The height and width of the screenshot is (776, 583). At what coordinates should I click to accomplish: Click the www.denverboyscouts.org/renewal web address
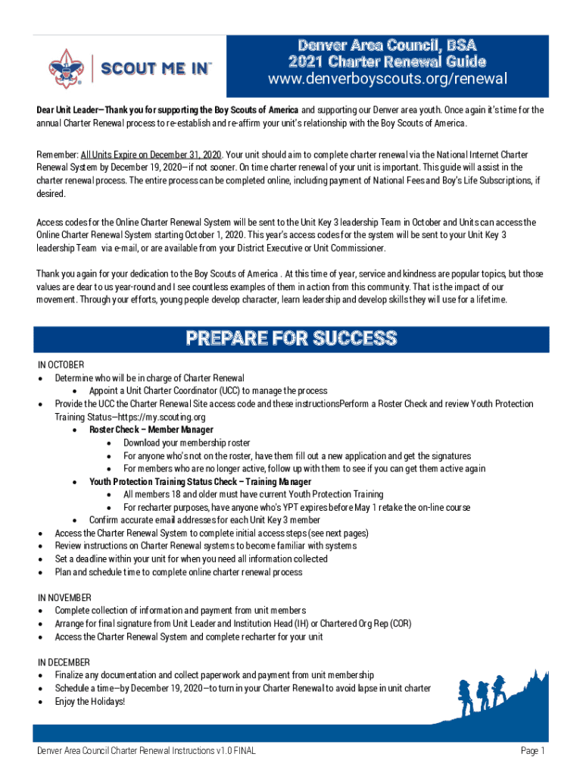click(387, 80)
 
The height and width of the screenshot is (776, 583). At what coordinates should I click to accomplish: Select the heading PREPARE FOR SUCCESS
click(291, 337)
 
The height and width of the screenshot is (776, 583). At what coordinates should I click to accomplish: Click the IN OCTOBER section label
click(61, 365)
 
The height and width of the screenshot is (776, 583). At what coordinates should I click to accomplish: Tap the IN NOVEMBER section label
click(64, 597)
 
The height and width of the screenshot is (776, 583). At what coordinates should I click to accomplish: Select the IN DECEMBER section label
click(64, 662)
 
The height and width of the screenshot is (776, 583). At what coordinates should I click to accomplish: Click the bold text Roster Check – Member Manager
click(151, 430)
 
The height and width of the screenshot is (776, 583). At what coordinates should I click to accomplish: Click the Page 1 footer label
click(532, 751)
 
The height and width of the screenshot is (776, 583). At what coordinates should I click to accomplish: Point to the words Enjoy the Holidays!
click(89, 701)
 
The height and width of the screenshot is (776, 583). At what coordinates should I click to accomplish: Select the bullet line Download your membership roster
click(186, 443)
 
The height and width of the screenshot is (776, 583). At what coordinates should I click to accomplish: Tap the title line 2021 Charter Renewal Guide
click(387, 61)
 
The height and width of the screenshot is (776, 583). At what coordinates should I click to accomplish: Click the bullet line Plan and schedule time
click(178, 572)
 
